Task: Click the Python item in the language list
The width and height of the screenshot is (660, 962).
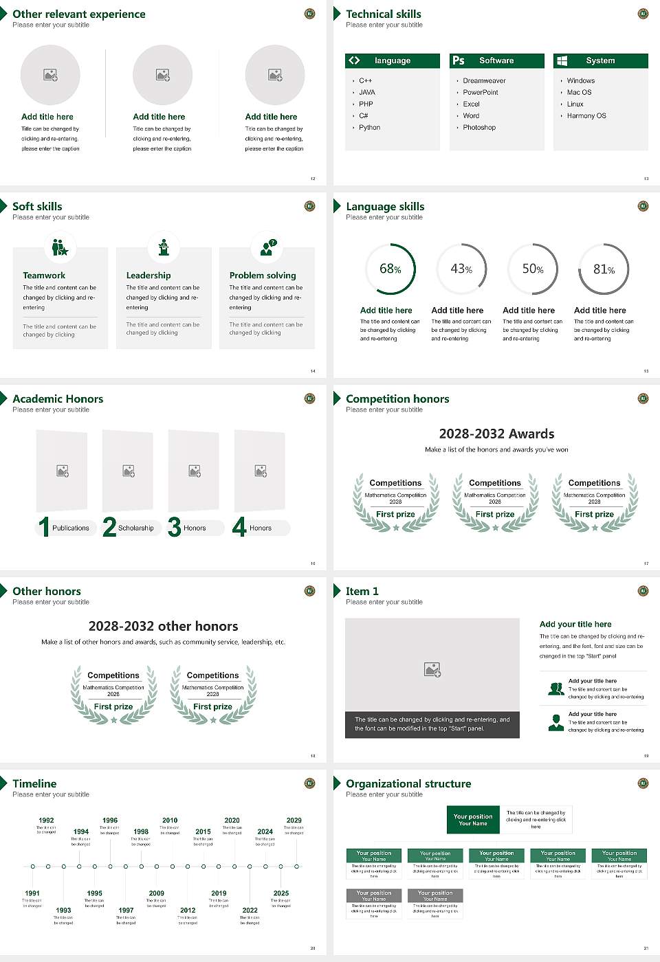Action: coord(369,128)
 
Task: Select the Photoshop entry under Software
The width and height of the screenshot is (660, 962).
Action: coord(478,128)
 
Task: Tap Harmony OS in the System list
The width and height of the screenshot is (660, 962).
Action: coord(586,116)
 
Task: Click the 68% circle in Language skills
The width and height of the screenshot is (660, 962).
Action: coord(390,269)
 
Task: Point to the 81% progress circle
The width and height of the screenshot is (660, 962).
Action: coord(604,269)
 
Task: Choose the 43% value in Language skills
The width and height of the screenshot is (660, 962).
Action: coord(461,269)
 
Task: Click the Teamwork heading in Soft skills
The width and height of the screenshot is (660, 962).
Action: coord(44,276)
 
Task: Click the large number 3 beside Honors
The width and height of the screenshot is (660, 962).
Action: coord(174,527)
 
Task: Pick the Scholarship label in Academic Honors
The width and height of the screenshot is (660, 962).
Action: coord(135,528)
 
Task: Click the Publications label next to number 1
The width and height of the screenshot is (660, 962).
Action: coord(70,528)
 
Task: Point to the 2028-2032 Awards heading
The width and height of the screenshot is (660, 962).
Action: coord(496,434)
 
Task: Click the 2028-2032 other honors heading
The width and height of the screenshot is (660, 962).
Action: coord(163,626)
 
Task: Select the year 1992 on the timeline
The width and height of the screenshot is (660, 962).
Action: coord(46,820)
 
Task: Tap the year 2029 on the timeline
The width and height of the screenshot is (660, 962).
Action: coord(294,820)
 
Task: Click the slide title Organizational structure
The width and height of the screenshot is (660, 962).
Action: coord(408,784)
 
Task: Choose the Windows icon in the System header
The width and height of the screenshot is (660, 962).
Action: coord(562,60)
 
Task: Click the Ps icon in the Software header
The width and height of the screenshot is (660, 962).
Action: coord(459,60)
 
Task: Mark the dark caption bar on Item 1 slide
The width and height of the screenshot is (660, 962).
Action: coord(432,724)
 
